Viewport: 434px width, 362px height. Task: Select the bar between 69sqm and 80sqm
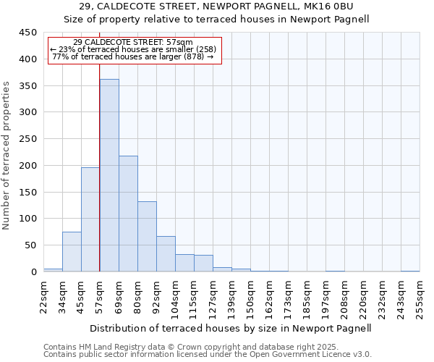(128, 214)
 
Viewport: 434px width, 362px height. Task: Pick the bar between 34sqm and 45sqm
(72, 252)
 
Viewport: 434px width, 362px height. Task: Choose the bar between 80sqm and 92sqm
(147, 236)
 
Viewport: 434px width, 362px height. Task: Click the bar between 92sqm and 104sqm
(166, 253)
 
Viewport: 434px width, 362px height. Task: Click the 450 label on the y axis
(27, 33)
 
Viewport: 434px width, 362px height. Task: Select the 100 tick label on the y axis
(27, 219)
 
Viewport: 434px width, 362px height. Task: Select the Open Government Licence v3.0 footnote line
(208, 355)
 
